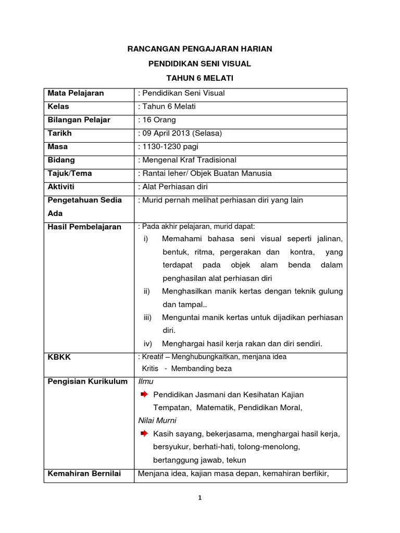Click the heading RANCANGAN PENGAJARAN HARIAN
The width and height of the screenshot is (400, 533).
[x=200, y=49]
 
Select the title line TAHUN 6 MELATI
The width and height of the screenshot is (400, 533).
[x=200, y=78]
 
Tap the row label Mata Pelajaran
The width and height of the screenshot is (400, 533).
[x=76, y=93]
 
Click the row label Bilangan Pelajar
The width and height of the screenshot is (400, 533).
[x=79, y=120]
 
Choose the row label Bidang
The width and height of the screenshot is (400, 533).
[x=61, y=160]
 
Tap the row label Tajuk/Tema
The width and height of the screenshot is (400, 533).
[x=70, y=173]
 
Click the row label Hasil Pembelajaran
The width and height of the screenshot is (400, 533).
[x=84, y=226]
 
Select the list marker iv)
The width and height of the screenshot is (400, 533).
[x=147, y=343]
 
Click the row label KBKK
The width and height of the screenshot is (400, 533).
[x=59, y=358]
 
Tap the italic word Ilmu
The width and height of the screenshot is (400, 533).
[x=146, y=382]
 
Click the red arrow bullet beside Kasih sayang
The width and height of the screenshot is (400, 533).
[x=145, y=433]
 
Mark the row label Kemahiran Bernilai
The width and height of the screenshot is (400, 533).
[x=84, y=473]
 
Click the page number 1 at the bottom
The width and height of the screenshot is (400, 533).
[x=200, y=498]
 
